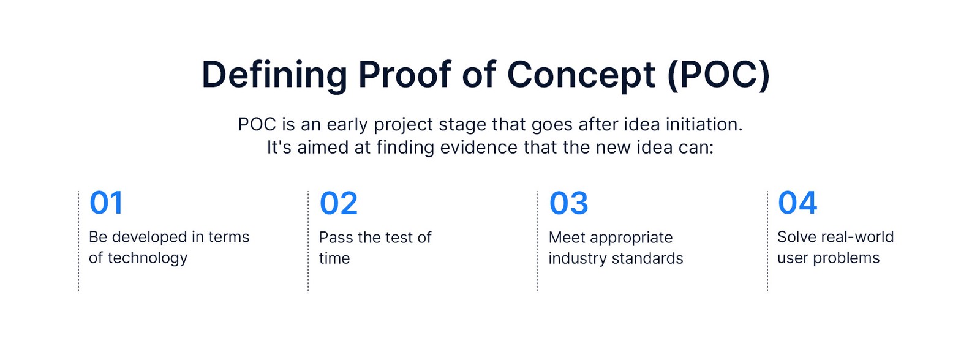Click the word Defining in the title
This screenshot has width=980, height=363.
click(274, 76)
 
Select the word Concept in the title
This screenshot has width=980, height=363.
click(581, 76)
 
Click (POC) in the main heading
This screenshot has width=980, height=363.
click(719, 75)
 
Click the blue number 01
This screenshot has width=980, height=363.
click(107, 203)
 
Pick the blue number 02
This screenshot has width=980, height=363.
click(339, 203)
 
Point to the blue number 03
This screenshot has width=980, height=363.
click(569, 203)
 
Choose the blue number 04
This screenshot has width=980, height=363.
click(797, 203)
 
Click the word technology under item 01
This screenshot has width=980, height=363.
click(148, 258)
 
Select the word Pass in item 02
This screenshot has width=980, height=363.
click(336, 238)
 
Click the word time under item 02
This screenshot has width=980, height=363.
click(334, 258)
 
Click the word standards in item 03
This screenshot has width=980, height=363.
click(647, 258)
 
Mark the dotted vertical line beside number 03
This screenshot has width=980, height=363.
click(538, 242)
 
